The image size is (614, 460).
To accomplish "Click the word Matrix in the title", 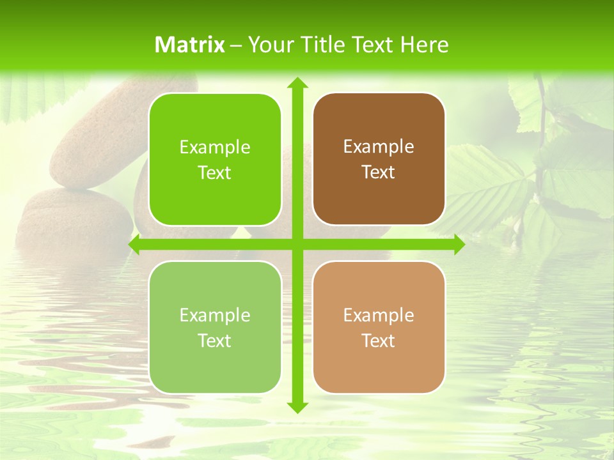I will click(x=190, y=45).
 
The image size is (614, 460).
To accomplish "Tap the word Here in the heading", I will click(x=424, y=45).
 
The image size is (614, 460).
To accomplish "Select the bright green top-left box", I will click(x=215, y=160).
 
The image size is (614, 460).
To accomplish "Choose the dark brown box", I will click(x=379, y=159).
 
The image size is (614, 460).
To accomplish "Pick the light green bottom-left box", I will click(x=215, y=327).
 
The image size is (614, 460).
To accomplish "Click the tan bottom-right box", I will click(x=379, y=327).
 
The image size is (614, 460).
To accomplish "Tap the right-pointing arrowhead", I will click(x=459, y=245).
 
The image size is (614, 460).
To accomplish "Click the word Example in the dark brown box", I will click(x=379, y=147).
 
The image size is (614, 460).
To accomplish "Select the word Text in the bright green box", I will click(x=215, y=173).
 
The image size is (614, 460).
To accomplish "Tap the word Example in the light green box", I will click(x=215, y=315).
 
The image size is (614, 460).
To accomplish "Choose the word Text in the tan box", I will click(x=379, y=341).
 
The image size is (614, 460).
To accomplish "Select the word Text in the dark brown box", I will click(x=379, y=172).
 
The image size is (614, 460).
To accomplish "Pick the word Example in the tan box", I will click(x=379, y=315).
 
